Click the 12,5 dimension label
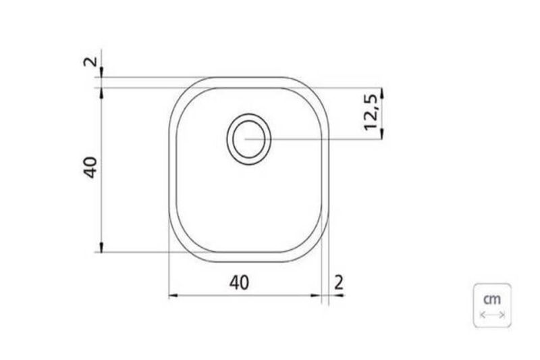coord(371,113)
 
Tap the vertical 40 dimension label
coord(90,168)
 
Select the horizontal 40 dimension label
coord(239,283)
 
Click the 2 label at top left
coord(90,61)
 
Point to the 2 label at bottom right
coord(339,282)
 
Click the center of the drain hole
coord(248,139)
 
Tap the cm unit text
coord(492,299)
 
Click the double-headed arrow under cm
coord(492,315)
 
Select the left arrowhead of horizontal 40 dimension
coord(173,295)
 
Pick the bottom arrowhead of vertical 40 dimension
coord(101,247)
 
